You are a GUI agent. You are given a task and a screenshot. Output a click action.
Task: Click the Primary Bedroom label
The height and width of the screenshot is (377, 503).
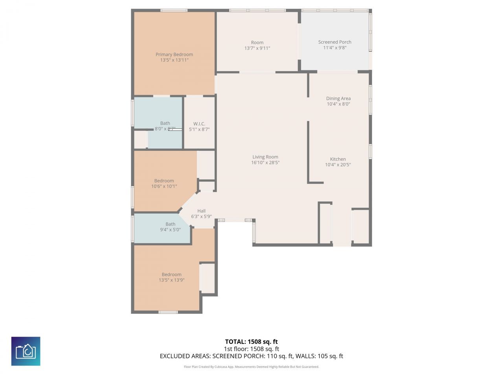(174, 55)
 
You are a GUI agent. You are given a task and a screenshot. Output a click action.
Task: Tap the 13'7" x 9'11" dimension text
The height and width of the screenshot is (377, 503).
(257, 48)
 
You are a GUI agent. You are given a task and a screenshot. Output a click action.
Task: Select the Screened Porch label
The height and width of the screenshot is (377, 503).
(334, 42)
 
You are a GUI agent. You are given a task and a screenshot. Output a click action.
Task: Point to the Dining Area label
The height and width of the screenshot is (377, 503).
(338, 99)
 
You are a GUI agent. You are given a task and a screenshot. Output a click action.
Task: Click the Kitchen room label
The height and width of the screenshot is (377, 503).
(338, 159)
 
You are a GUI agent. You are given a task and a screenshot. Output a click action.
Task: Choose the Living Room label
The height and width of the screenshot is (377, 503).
(265, 157)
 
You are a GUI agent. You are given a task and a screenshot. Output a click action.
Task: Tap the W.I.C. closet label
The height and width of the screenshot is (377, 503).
(199, 124)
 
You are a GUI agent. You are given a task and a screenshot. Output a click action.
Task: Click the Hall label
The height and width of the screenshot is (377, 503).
(201, 211)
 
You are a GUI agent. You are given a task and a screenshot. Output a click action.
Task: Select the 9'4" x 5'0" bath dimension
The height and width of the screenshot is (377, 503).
(170, 230)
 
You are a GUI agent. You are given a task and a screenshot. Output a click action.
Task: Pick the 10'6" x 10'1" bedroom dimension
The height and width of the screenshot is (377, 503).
(164, 187)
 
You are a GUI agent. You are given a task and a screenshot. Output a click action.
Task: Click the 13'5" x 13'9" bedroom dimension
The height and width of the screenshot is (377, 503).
(171, 280)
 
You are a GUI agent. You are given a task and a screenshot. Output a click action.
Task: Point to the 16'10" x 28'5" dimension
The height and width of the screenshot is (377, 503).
(265, 163)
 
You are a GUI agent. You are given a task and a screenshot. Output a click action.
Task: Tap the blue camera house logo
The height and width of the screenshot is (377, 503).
(26, 351)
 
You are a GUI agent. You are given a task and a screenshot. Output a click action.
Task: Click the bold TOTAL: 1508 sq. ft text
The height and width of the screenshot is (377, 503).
(251, 342)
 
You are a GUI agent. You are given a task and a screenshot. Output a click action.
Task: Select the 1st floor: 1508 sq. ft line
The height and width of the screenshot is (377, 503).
(251, 349)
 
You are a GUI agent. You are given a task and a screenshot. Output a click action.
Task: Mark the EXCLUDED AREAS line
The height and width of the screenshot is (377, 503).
(251, 356)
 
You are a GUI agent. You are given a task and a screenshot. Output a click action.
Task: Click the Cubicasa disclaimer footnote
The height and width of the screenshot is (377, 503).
(251, 367)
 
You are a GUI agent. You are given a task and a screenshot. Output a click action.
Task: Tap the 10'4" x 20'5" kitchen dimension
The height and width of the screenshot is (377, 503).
(338, 165)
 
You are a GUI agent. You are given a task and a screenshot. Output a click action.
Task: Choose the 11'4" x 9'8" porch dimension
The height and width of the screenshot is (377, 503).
(334, 48)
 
